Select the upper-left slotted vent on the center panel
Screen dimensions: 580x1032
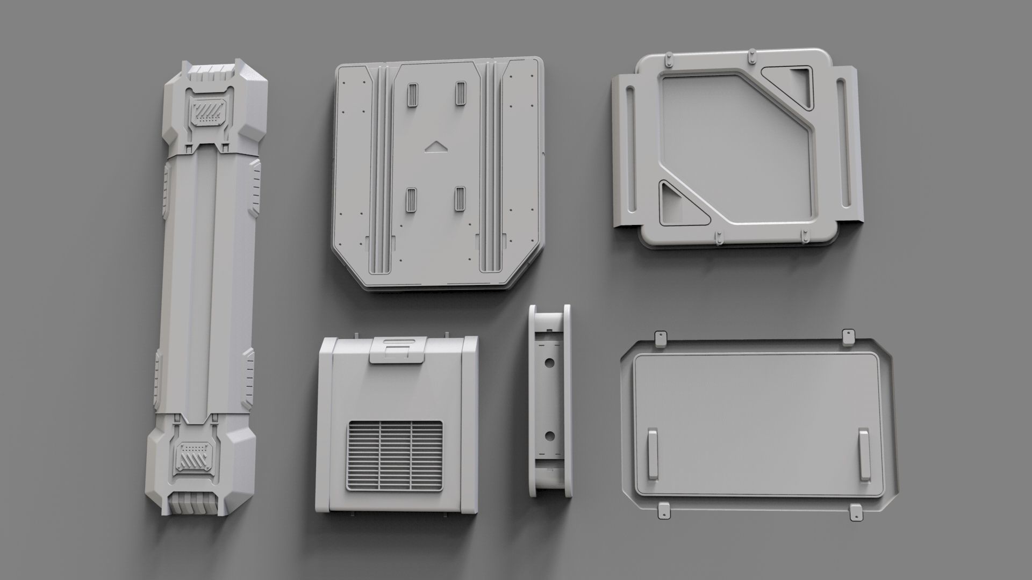[x=413, y=95]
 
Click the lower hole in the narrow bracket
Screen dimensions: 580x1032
[x=550, y=436]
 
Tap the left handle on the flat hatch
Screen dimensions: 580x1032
[x=652, y=454]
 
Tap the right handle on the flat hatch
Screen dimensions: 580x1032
[x=864, y=454]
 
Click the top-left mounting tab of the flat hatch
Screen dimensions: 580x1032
[x=659, y=338]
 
